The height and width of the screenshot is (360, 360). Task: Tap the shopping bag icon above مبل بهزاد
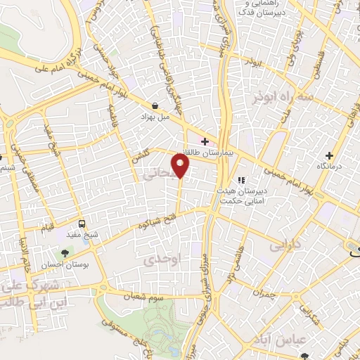(154, 105)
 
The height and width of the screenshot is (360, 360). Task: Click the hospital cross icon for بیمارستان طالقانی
(205, 141)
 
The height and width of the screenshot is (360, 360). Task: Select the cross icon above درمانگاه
(328, 155)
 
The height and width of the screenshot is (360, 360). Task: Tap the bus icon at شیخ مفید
(82, 224)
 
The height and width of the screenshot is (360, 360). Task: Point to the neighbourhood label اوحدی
(162, 259)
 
